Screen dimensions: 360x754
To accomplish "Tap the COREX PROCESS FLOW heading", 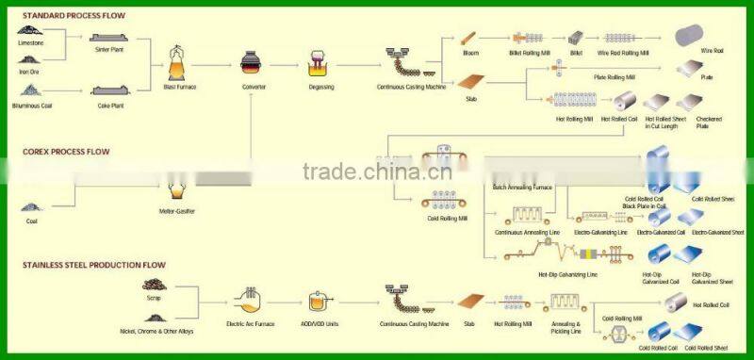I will [65, 151].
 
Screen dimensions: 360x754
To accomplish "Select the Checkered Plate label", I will [709, 123].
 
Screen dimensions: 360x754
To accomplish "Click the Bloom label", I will [471, 53].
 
